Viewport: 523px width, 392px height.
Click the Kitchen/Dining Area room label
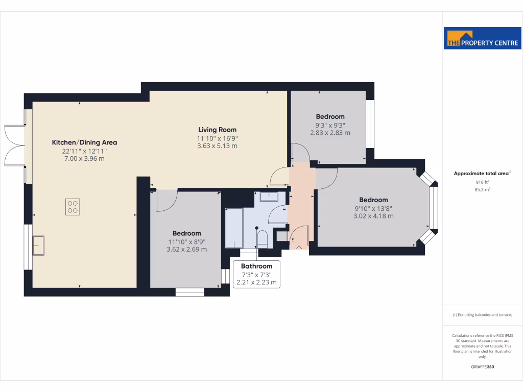(84, 142)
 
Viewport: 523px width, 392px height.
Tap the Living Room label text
(217, 130)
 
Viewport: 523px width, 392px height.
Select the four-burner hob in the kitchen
(73, 207)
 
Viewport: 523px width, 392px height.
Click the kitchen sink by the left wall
(38, 245)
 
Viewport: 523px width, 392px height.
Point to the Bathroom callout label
(256, 266)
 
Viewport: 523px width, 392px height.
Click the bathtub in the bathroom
(234, 228)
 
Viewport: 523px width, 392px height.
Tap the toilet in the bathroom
(262, 239)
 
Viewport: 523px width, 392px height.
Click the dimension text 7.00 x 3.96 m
(84, 159)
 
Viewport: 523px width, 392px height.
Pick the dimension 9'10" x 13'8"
(373, 208)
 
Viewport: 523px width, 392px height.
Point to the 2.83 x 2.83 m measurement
(330, 133)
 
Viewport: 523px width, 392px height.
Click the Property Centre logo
(482, 38)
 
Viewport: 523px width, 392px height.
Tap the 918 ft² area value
(482, 182)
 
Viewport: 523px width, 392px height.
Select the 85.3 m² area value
(482, 189)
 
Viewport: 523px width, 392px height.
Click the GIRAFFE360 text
(482, 366)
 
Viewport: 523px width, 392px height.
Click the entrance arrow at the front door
(299, 248)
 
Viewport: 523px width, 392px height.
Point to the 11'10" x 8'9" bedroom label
(186, 241)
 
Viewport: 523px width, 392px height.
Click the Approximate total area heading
(482, 174)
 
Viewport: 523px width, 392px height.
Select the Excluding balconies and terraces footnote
(482, 315)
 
